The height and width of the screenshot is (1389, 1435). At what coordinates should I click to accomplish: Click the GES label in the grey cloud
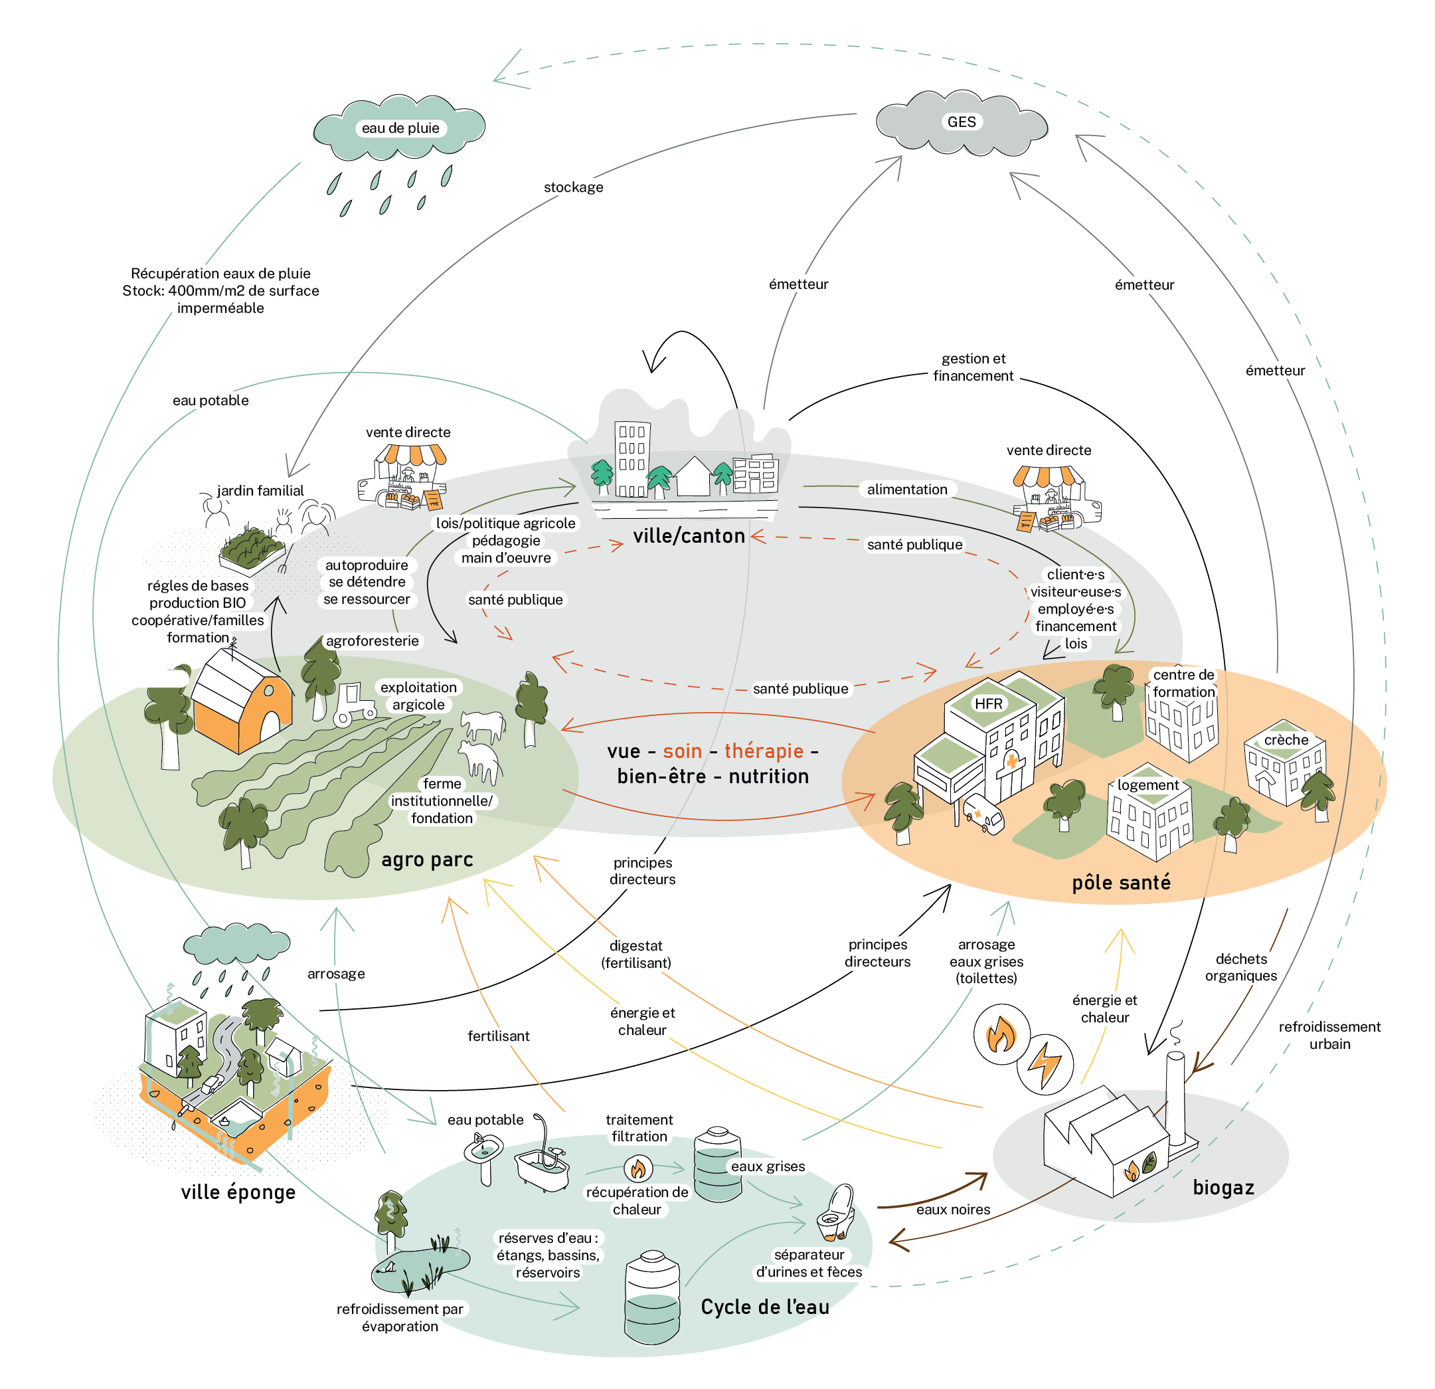tap(962, 122)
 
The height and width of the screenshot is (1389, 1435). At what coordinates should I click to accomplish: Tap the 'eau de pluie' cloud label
tap(400, 128)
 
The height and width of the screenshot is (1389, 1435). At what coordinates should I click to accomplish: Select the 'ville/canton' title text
tap(689, 536)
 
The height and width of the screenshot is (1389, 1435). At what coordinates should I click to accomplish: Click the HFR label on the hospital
tap(988, 703)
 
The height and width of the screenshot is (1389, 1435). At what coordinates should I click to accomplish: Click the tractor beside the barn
tap(355, 704)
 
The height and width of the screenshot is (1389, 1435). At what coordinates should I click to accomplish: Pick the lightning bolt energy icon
tap(1045, 1065)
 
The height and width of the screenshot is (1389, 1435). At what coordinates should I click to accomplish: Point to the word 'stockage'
tap(573, 187)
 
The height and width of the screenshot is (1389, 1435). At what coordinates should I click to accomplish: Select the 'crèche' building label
tap(1286, 739)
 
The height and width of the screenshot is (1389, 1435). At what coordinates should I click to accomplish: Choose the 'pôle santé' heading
tap(1121, 882)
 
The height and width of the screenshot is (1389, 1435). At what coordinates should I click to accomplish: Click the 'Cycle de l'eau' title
tap(765, 1307)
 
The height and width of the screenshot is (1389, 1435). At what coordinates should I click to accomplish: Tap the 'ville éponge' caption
tap(238, 1192)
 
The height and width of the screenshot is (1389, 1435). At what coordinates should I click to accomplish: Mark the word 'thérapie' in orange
tap(764, 751)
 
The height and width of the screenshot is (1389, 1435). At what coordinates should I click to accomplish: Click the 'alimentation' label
tap(907, 489)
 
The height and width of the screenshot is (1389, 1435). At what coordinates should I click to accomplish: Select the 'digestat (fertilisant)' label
tap(636, 954)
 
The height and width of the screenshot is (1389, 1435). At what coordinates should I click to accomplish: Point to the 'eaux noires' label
tap(954, 1210)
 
